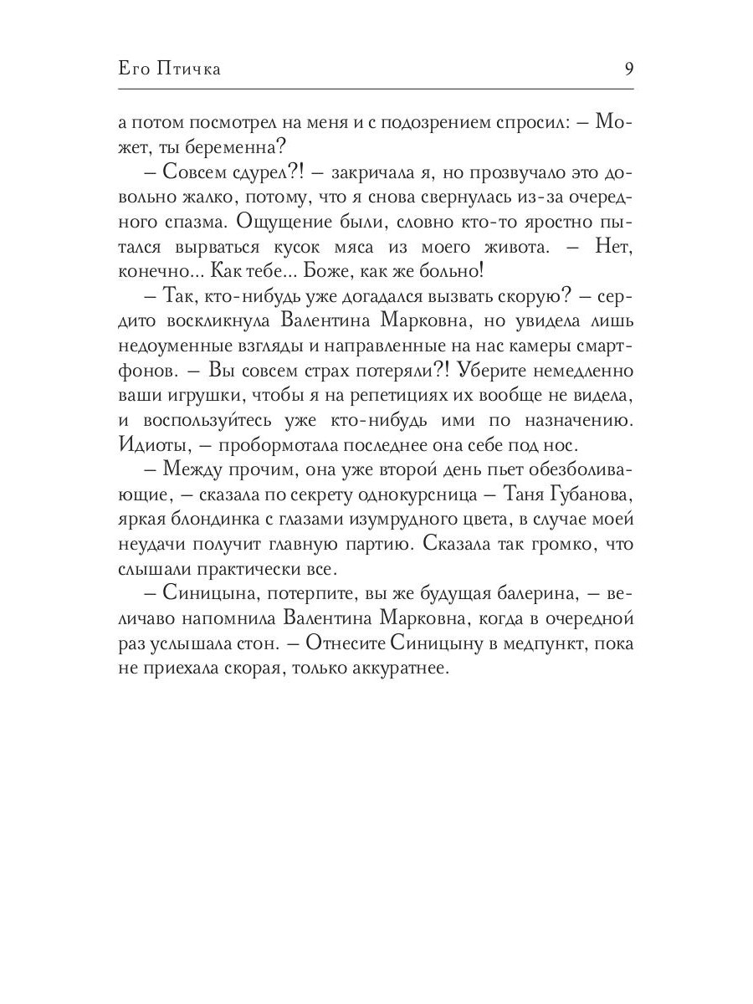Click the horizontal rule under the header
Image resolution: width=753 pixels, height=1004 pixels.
tap(376, 89)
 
